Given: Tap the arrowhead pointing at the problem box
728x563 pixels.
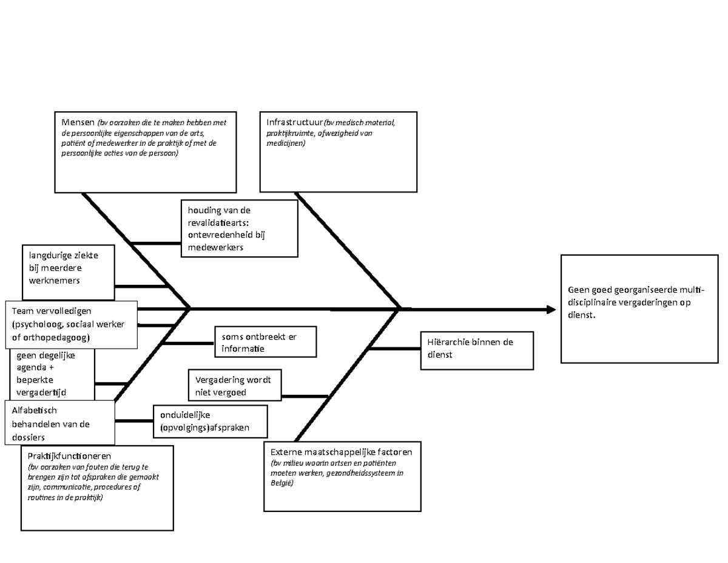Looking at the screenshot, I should [x=551, y=310].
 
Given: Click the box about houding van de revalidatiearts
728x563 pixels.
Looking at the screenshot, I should [x=239, y=228].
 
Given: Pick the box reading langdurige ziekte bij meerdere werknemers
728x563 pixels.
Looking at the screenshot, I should [x=69, y=268].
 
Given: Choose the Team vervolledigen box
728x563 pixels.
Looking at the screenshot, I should [x=71, y=324].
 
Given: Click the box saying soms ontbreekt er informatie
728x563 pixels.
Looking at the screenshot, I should [x=265, y=343].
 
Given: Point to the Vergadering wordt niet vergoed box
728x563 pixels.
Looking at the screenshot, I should [x=235, y=386].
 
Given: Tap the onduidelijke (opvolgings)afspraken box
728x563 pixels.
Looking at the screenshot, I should [x=210, y=421].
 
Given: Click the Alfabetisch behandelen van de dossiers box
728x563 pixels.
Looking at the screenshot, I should [x=59, y=423].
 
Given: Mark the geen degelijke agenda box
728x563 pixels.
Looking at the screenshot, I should [x=52, y=374].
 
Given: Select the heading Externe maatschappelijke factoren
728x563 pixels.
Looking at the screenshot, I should [x=342, y=452].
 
